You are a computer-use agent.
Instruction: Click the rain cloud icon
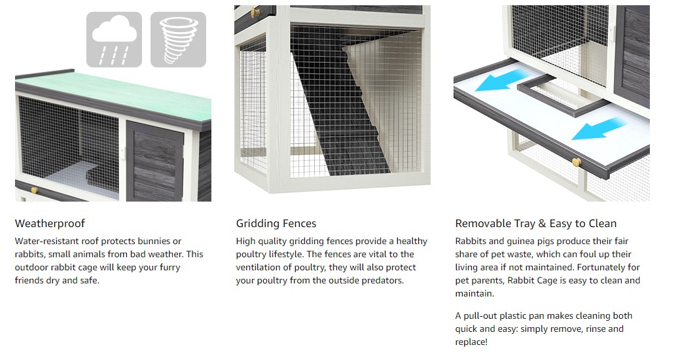[x=114, y=39]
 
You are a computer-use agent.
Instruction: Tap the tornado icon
[x=178, y=39]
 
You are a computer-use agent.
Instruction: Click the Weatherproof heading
[x=50, y=224]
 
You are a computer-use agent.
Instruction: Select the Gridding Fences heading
[x=276, y=224]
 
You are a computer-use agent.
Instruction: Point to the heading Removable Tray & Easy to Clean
[x=536, y=224]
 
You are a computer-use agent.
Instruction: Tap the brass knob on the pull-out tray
[x=577, y=163]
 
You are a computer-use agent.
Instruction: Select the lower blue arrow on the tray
[x=599, y=128]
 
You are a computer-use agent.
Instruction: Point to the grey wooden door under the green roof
[x=155, y=161]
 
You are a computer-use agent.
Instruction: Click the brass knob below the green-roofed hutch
[x=34, y=190]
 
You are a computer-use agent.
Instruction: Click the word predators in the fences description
[x=382, y=280]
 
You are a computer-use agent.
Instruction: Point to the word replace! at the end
[x=471, y=342]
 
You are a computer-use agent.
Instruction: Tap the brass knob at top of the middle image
[x=255, y=12]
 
